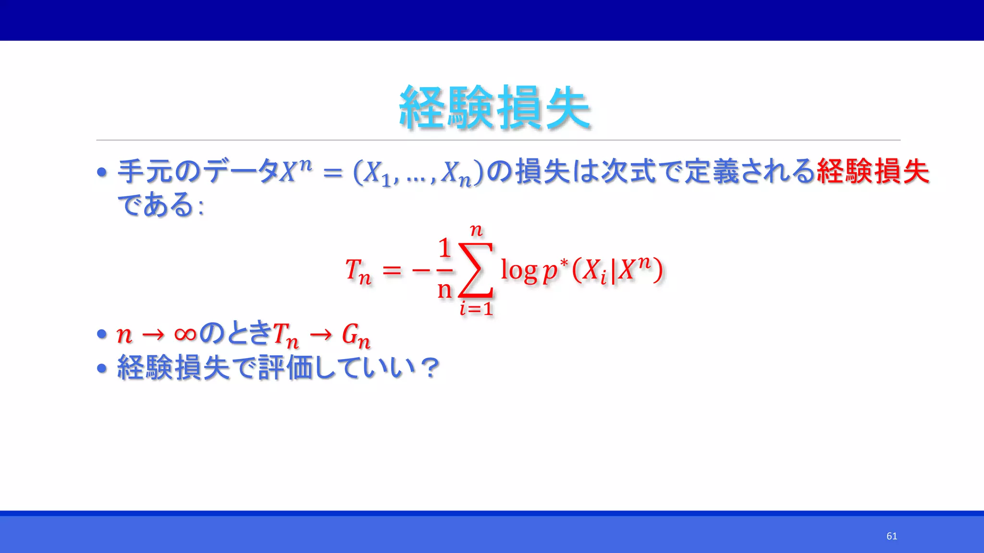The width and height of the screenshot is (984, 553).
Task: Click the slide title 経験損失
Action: (x=494, y=108)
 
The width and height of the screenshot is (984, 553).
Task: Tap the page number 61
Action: (x=892, y=536)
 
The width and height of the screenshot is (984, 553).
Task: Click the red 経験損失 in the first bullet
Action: (x=873, y=171)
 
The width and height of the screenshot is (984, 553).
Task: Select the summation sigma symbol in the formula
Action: (x=476, y=270)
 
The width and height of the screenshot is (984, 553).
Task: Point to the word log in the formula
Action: (x=519, y=270)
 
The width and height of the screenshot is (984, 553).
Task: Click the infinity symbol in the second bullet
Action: (x=185, y=334)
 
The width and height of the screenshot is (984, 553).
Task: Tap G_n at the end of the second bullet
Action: (x=356, y=335)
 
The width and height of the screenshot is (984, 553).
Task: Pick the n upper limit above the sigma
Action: (x=476, y=231)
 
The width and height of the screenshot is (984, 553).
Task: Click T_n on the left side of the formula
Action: (x=358, y=272)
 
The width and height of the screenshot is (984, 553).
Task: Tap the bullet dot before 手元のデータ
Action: (x=101, y=172)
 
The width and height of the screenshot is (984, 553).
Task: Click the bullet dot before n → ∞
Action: (x=101, y=334)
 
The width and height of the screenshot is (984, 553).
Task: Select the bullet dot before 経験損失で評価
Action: (x=101, y=369)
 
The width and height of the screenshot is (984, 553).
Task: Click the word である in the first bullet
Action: (x=156, y=205)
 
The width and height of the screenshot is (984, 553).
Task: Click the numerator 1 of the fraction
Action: (x=444, y=248)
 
